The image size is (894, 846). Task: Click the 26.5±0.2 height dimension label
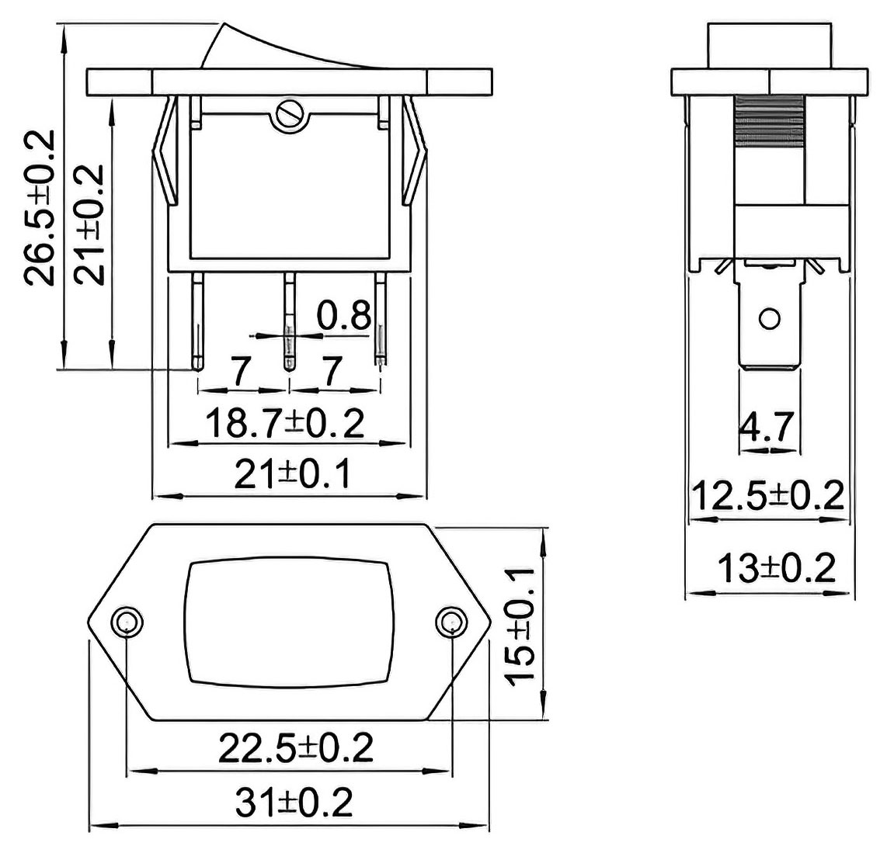coord(40,208)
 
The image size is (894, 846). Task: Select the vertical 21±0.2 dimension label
coord(91,224)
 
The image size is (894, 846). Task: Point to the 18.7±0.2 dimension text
coord(284,423)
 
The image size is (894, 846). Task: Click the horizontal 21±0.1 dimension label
coord(293,474)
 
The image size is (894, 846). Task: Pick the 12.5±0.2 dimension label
coord(767,496)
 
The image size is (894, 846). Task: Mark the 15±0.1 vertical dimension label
coord(520,627)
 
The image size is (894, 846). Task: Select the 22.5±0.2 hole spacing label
coord(296,747)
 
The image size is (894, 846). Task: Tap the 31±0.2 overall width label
coord(294,802)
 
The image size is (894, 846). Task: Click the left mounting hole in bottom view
coord(127,622)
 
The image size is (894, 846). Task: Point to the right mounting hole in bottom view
coord(450,622)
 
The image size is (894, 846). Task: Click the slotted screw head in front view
coord(290,116)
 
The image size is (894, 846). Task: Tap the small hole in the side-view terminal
coord(769,318)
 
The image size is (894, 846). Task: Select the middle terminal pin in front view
coord(290,321)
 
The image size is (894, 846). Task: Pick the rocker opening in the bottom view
coord(289,622)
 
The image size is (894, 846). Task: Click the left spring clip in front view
coord(164,151)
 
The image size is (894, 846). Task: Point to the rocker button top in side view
coord(770,46)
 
